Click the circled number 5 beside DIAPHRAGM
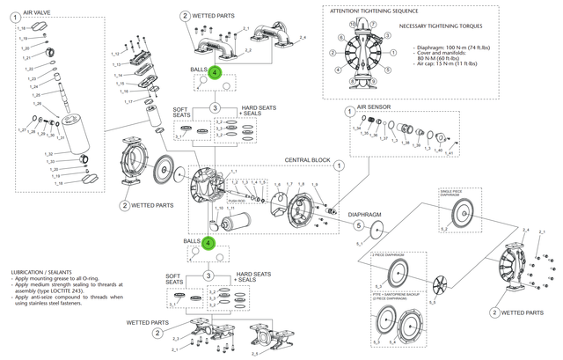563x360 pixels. pyautogui.click(x=358, y=224)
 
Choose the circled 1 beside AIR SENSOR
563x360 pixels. pyautogui.click(x=349, y=112)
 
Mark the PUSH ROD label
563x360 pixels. pyautogui.click(x=237, y=200)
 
